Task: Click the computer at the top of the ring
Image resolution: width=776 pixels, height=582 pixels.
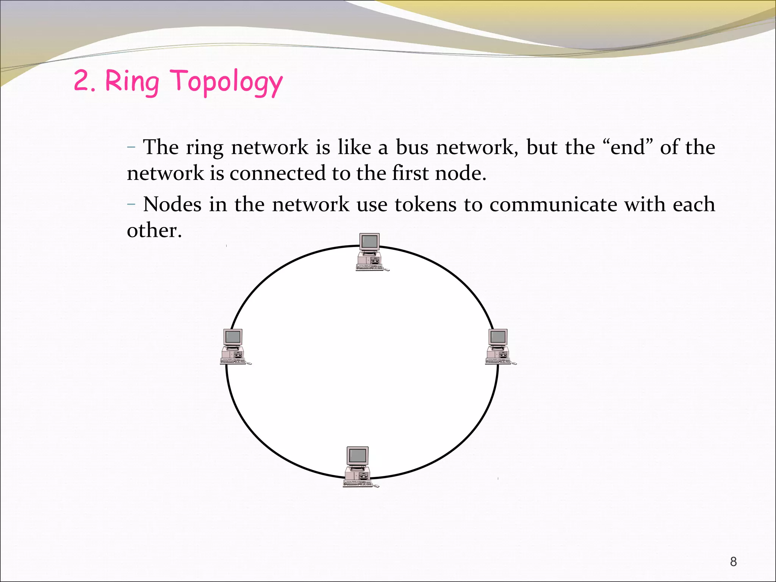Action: [x=370, y=252]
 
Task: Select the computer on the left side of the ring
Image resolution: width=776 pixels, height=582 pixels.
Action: [x=234, y=347]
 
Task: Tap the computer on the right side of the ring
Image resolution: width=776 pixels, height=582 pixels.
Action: [x=499, y=347]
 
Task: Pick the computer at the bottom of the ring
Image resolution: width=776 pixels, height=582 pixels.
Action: [x=358, y=467]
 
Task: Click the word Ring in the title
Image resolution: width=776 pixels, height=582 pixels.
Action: [x=132, y=81]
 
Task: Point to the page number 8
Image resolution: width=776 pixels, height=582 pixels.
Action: [x=733, y=561]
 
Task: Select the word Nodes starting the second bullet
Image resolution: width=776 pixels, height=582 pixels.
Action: [x=172, y=205]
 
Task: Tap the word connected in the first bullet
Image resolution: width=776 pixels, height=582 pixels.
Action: [x=277, y=173]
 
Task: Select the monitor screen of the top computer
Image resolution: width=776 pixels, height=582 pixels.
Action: [x=370, y=241]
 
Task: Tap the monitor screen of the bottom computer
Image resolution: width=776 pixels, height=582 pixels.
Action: [x=358, y=455]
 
